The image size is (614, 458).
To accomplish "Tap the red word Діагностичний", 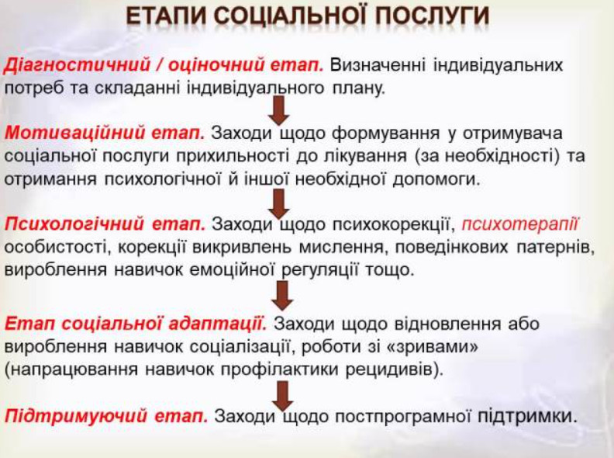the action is pyautogui.click(x=78, y=64).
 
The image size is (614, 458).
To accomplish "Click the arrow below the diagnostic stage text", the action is pyautogui.click(x=279, y=110).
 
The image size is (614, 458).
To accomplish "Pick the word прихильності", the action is pyautogui.click(x=234, y=156).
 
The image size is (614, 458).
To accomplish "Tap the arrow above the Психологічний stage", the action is pyautogui.click(x=279, y=203).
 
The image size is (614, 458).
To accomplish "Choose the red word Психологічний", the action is pyautogui.click(x=74, y=224).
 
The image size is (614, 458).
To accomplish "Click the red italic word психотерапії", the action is pyautogui.click(x=520, y=224).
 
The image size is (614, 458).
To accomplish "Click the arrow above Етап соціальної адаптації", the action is pyautogui.click(x=282, y=296).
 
